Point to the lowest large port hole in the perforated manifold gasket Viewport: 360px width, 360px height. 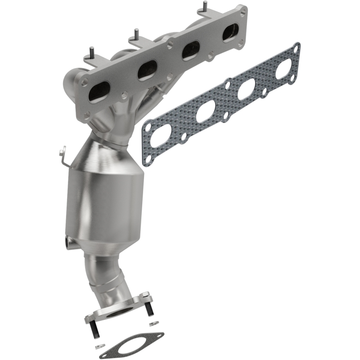161,135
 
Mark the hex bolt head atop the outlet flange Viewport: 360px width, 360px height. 144,295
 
